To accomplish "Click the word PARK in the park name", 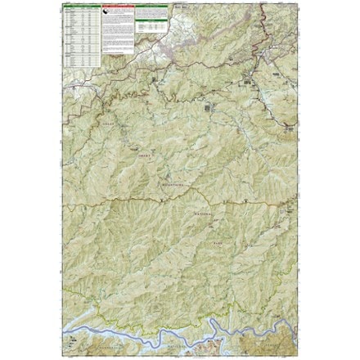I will [x=214, y=232].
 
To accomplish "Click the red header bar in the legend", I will [x=115, y=6].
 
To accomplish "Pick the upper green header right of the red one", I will [x=149, y=6].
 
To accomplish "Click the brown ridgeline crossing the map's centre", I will [x=180, y=200].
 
